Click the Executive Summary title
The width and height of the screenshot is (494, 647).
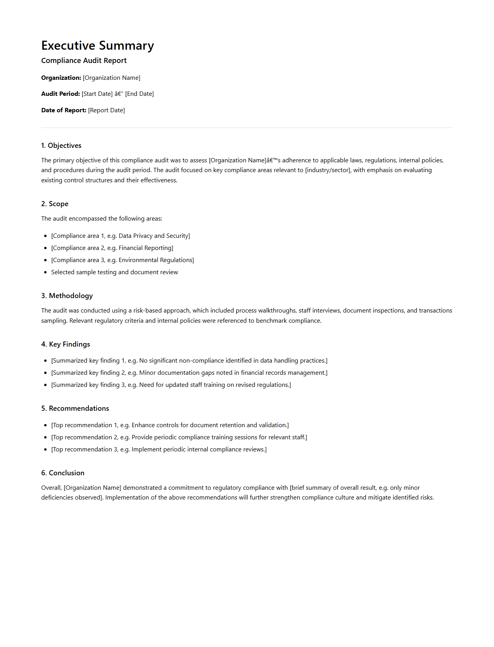pyautogui.click(x=97, y=46)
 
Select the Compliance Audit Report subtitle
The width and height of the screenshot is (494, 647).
pyautogui.click(x=84, y=61)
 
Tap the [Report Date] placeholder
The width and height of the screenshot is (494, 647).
pyautogui.click(x=106, y=110)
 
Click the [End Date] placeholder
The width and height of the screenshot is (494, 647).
pyautogui.click(x=139, y=94)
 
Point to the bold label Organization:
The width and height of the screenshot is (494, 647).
pyautogui.click(x=61, y=78)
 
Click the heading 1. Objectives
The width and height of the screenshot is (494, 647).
pyautogui.click(x=61, y=146)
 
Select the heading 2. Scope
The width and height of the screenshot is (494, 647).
pyautogui.click(x=55, y=204)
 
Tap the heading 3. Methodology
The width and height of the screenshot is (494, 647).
pyautogui.click(x=67, y=296)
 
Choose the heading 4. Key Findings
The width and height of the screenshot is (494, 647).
pyautogui.click(x=66, y=344)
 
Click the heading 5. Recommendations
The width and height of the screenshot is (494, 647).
pyautogui.click(x=75, y=408)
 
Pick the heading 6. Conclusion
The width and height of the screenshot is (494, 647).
pyautogui.click(x=63, y=473)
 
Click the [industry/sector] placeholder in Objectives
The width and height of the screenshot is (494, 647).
pyautogui.click(x=328, y=170)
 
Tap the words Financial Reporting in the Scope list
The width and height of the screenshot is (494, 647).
pyautogui.click(x=145, y=248)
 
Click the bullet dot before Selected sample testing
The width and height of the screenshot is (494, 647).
pyautogui.click(x=45, y=272)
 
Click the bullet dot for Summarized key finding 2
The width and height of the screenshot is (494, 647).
pyautogui.click(x=45, y=373)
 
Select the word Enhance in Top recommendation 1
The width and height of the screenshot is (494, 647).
pyautogui.click(x=143, y=425)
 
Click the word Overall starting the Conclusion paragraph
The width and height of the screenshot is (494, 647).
pyautogui.click(x=51, y=488)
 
